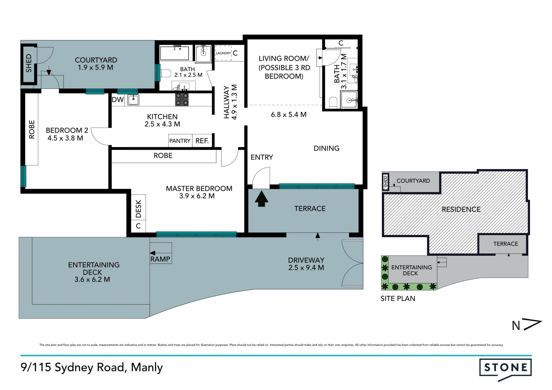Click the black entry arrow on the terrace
261,199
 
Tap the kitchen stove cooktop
182,99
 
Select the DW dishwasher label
118,100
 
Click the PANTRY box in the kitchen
180,141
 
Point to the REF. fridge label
202,141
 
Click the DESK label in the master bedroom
138,209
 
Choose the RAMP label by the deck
160,259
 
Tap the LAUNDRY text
223,53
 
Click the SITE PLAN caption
398,299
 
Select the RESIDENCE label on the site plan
461,209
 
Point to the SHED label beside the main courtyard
28,63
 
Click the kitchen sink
133,100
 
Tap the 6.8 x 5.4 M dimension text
289,115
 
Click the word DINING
326,148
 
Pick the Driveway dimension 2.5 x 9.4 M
306,268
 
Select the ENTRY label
262,157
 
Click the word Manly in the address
147,367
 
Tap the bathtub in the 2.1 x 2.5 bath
174,53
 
